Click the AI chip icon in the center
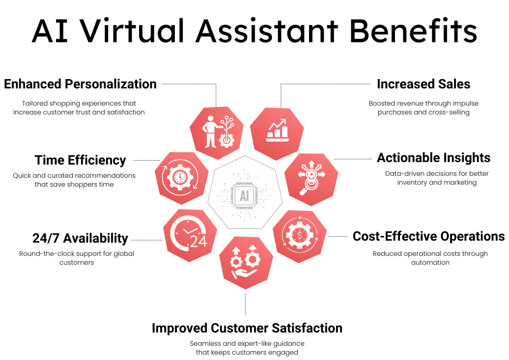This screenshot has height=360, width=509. (x=244, y=196)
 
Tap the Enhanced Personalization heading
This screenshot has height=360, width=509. (x=80, y=84)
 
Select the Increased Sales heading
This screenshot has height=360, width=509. (x=424, y=84)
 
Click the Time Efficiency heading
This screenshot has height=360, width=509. (x=80, y=160)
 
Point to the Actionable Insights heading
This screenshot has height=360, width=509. (x=433, y=158)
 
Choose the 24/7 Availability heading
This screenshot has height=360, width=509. (x=80, y=238)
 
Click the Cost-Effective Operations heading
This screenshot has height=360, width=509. (x=428, y=236)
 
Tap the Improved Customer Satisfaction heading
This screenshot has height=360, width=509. (x=247, y=328)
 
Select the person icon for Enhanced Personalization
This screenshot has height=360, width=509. (x=217, y=132)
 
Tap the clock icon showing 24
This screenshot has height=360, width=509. (x=189, y=235)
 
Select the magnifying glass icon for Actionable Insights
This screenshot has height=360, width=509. (x=311, y=178)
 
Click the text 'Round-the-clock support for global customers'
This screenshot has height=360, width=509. (x=77, y=258)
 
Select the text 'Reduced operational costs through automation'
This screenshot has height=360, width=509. (x=430, y=258)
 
